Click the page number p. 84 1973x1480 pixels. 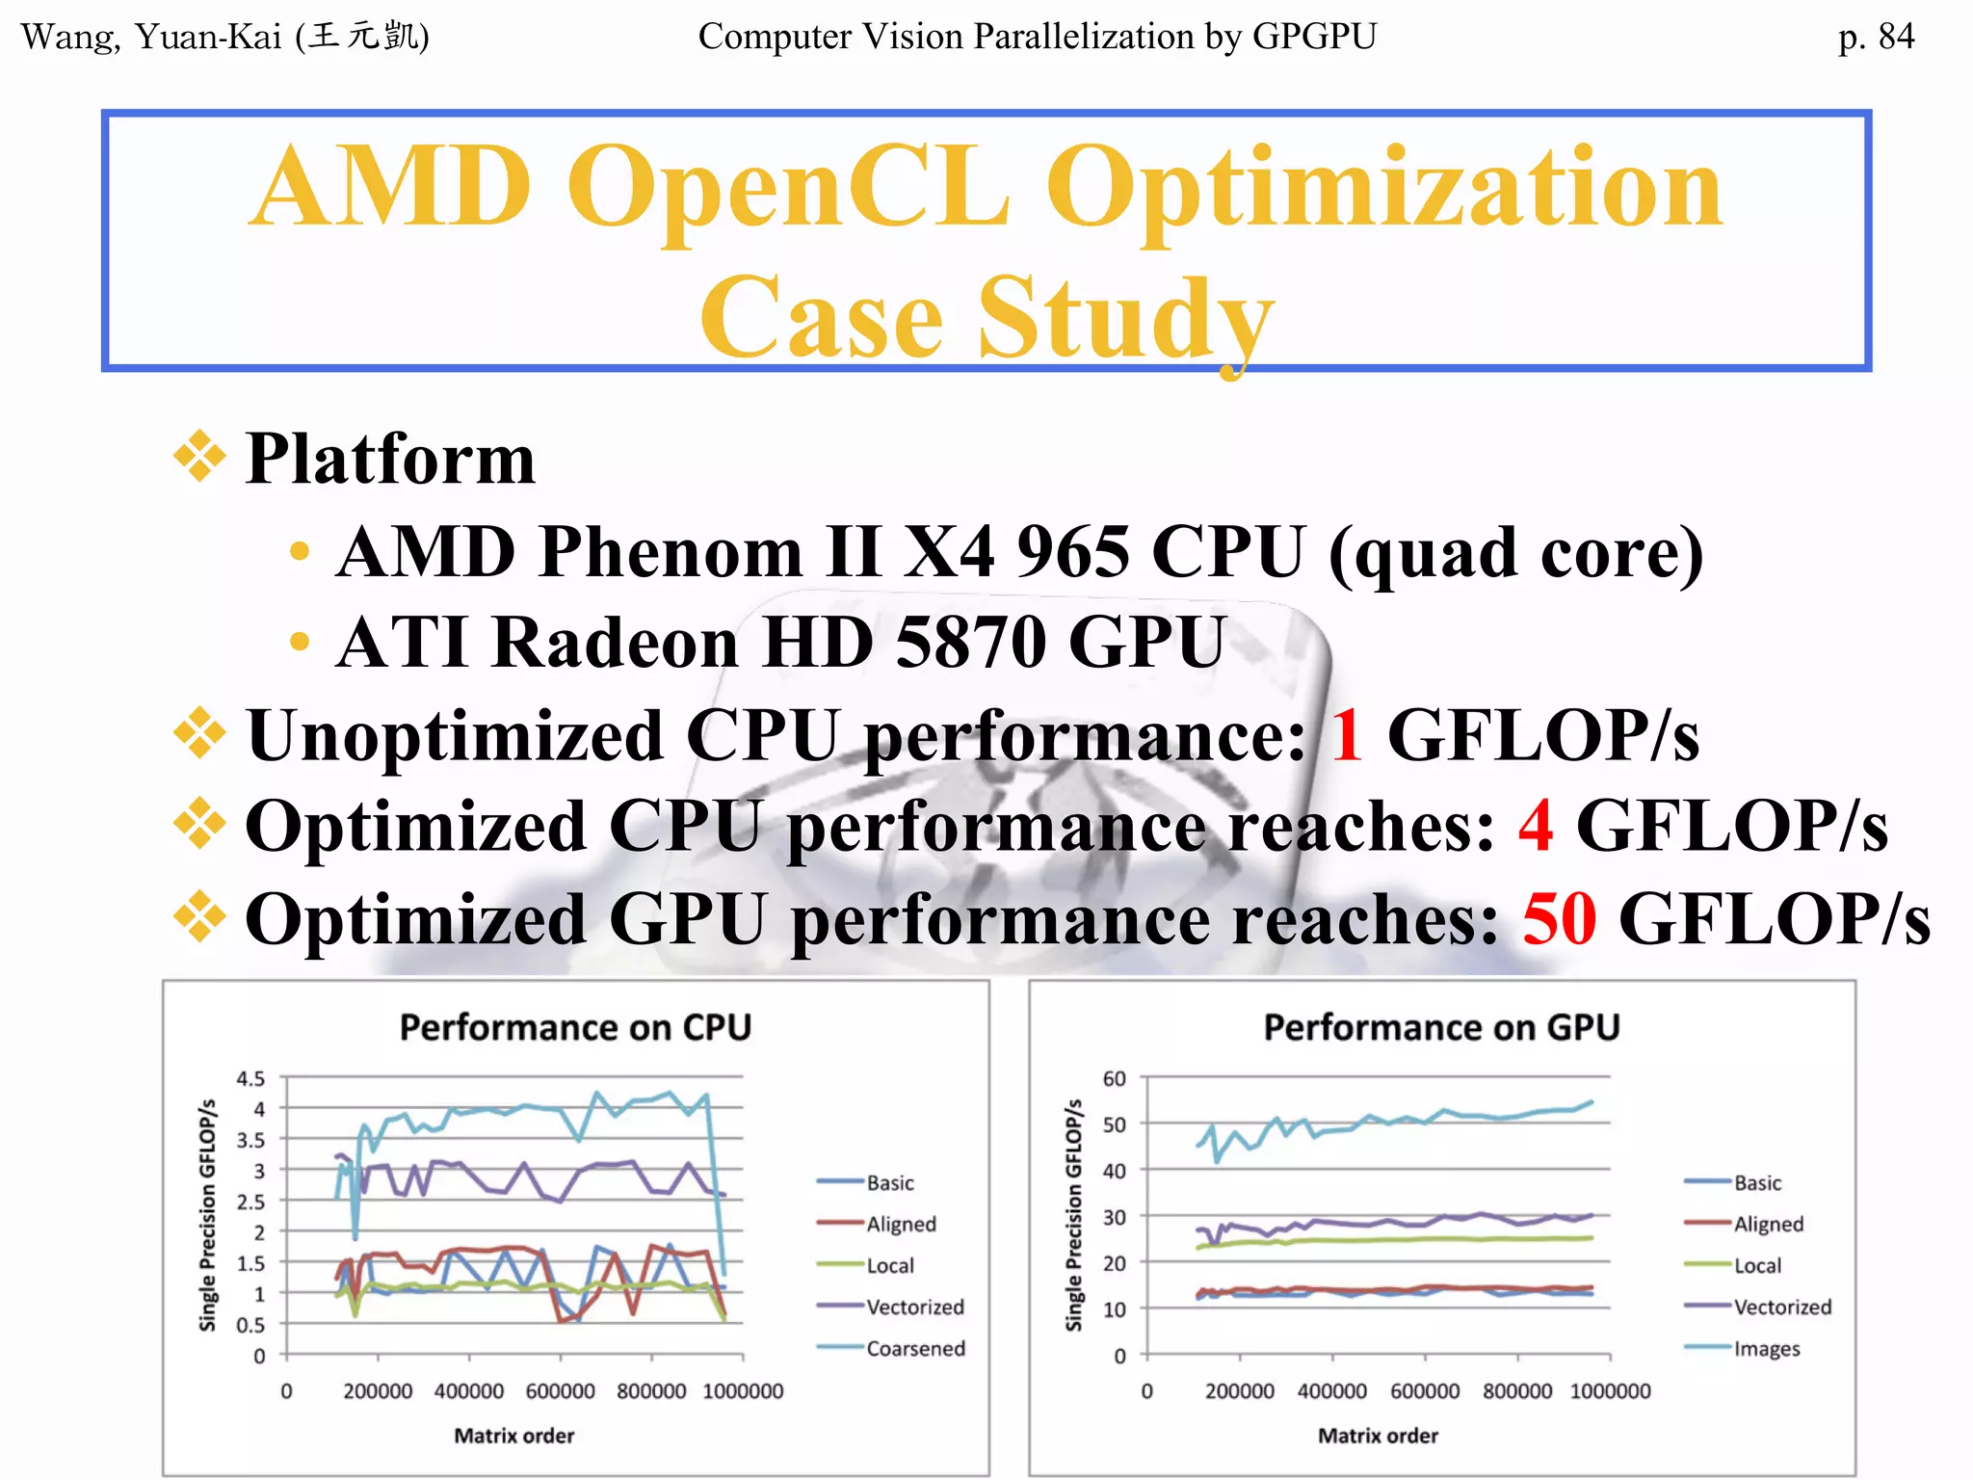[x=1875, y=37]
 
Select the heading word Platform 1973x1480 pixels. [x=390, y=460]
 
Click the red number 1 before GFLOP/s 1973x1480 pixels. [x=1347, y=736]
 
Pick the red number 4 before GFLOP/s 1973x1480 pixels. [x=1536, y=827]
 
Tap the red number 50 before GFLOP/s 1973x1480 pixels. [x=1559, y=919]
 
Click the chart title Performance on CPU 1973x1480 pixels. [x=575, y=1028]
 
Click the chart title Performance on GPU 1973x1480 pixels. [x=1441, y=1028]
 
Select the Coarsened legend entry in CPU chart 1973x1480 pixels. [x=914, y=1348]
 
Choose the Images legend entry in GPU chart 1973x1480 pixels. [x=1766, y=1348]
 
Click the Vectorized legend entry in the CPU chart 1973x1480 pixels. [x=914, y=1307]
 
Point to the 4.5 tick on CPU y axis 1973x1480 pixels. [x=250, y=1078]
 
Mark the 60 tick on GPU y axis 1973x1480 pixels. [x=1114, y=1078]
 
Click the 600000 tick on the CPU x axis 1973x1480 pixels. [x=560, y=1391]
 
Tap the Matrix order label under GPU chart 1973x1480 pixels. [x=1378, y=1436]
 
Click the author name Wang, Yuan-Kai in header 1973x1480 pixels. [x=152, y=37]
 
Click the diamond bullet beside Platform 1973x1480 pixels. [x=199, y=456]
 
